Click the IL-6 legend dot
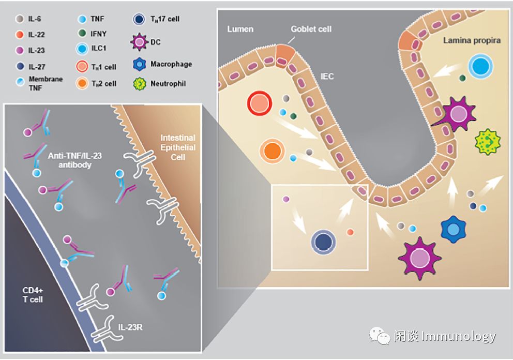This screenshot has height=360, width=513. (19, 19)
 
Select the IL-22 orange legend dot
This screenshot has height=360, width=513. (19, 35)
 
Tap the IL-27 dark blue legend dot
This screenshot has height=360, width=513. (19, 66)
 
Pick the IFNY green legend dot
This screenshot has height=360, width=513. (81, 35)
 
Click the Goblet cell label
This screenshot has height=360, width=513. (311, 29)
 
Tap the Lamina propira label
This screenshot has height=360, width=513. (472, 40)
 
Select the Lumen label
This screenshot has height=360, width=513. (240, 29)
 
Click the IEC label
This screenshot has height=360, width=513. (327, 77)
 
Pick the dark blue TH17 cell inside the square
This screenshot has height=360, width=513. (324, 242)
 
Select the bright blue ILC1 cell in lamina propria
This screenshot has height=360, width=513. (480, 68)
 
